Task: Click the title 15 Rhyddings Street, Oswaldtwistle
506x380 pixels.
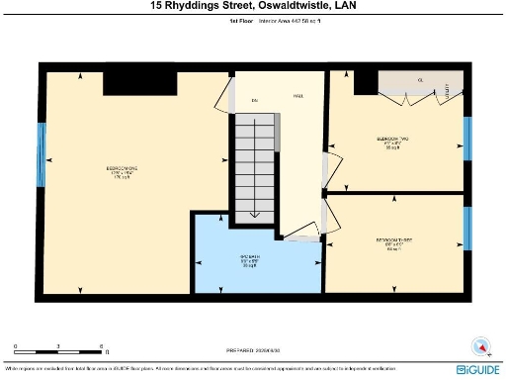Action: (x=253, y=6)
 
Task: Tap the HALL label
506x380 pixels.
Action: (x=296, y=96)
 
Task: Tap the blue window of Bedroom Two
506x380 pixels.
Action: (x=467, y=139)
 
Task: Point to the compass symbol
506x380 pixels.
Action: (x=480, y=345)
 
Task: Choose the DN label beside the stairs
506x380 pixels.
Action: (x=253, y=100)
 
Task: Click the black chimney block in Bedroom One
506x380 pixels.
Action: (x=128, y=83)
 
